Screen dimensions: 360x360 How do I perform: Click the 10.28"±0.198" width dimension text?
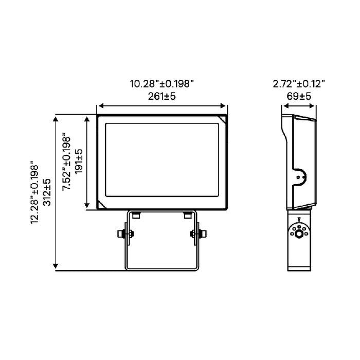coord(162,84)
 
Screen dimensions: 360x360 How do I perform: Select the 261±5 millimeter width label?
coord(162,96)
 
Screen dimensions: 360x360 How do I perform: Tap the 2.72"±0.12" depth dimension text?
coord(299,84)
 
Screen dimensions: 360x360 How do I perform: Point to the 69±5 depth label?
coord(299,96)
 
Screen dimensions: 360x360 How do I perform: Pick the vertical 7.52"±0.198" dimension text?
coord(67,163)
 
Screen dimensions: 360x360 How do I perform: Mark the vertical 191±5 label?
coord(79,163)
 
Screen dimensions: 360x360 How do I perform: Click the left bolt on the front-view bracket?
coord(123,234)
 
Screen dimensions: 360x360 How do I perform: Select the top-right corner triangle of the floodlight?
coord(222,120)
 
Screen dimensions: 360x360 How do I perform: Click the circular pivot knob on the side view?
coord(298,234)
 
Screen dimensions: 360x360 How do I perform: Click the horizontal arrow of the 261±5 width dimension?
coord(162,107)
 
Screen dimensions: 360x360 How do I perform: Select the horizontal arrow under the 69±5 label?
coord(298,107)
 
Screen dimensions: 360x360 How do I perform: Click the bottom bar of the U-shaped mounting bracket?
coord(162,268)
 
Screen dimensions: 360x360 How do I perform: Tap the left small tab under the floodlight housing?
coord(135,215)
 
